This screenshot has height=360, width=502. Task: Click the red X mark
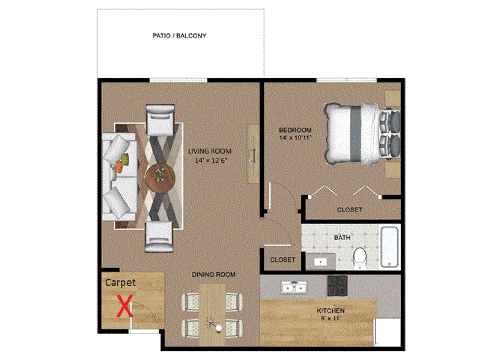[125, 306]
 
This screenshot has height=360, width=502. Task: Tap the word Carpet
[120, 283]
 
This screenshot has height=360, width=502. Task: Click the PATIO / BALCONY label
[179, 36]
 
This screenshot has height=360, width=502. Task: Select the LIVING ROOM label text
[210, 151]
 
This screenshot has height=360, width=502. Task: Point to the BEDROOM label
[295, 130]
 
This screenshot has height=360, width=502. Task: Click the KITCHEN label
[331, 311]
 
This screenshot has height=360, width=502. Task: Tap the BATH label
[342, 238]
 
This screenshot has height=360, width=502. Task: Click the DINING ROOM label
[214, 274]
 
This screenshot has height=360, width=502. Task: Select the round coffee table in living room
[160, 178]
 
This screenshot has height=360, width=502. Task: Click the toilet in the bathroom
[360, 256]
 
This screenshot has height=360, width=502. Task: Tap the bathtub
[389, 247]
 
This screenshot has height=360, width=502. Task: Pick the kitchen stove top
[338, 286]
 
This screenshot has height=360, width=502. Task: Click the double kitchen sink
[294, 288]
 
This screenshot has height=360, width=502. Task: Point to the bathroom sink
[321, 261]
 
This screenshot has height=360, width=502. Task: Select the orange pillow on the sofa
[118, 167]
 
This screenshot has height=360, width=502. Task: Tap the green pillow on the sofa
[125, 159]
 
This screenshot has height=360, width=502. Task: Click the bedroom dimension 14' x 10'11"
[295, 138]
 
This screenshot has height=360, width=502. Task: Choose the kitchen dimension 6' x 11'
[331, 318]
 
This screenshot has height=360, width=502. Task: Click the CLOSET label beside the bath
[283, 260]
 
